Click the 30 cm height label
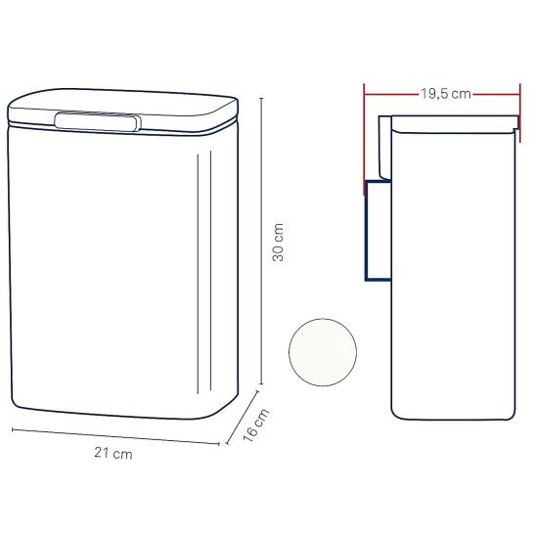point(278,242)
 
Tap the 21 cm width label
point(113,454)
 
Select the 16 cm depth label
point(255,424)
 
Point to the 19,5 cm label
point(445,93)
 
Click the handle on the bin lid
point(98,121)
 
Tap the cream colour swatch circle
point(323,352)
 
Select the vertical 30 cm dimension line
point(261,241)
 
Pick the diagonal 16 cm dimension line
point(242,417)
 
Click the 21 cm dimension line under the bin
point(115,436)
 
